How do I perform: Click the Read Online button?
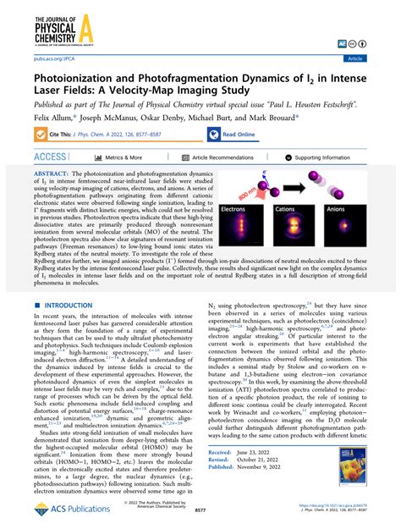[x=239, y=133]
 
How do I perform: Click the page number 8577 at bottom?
[x=200, y=512]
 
